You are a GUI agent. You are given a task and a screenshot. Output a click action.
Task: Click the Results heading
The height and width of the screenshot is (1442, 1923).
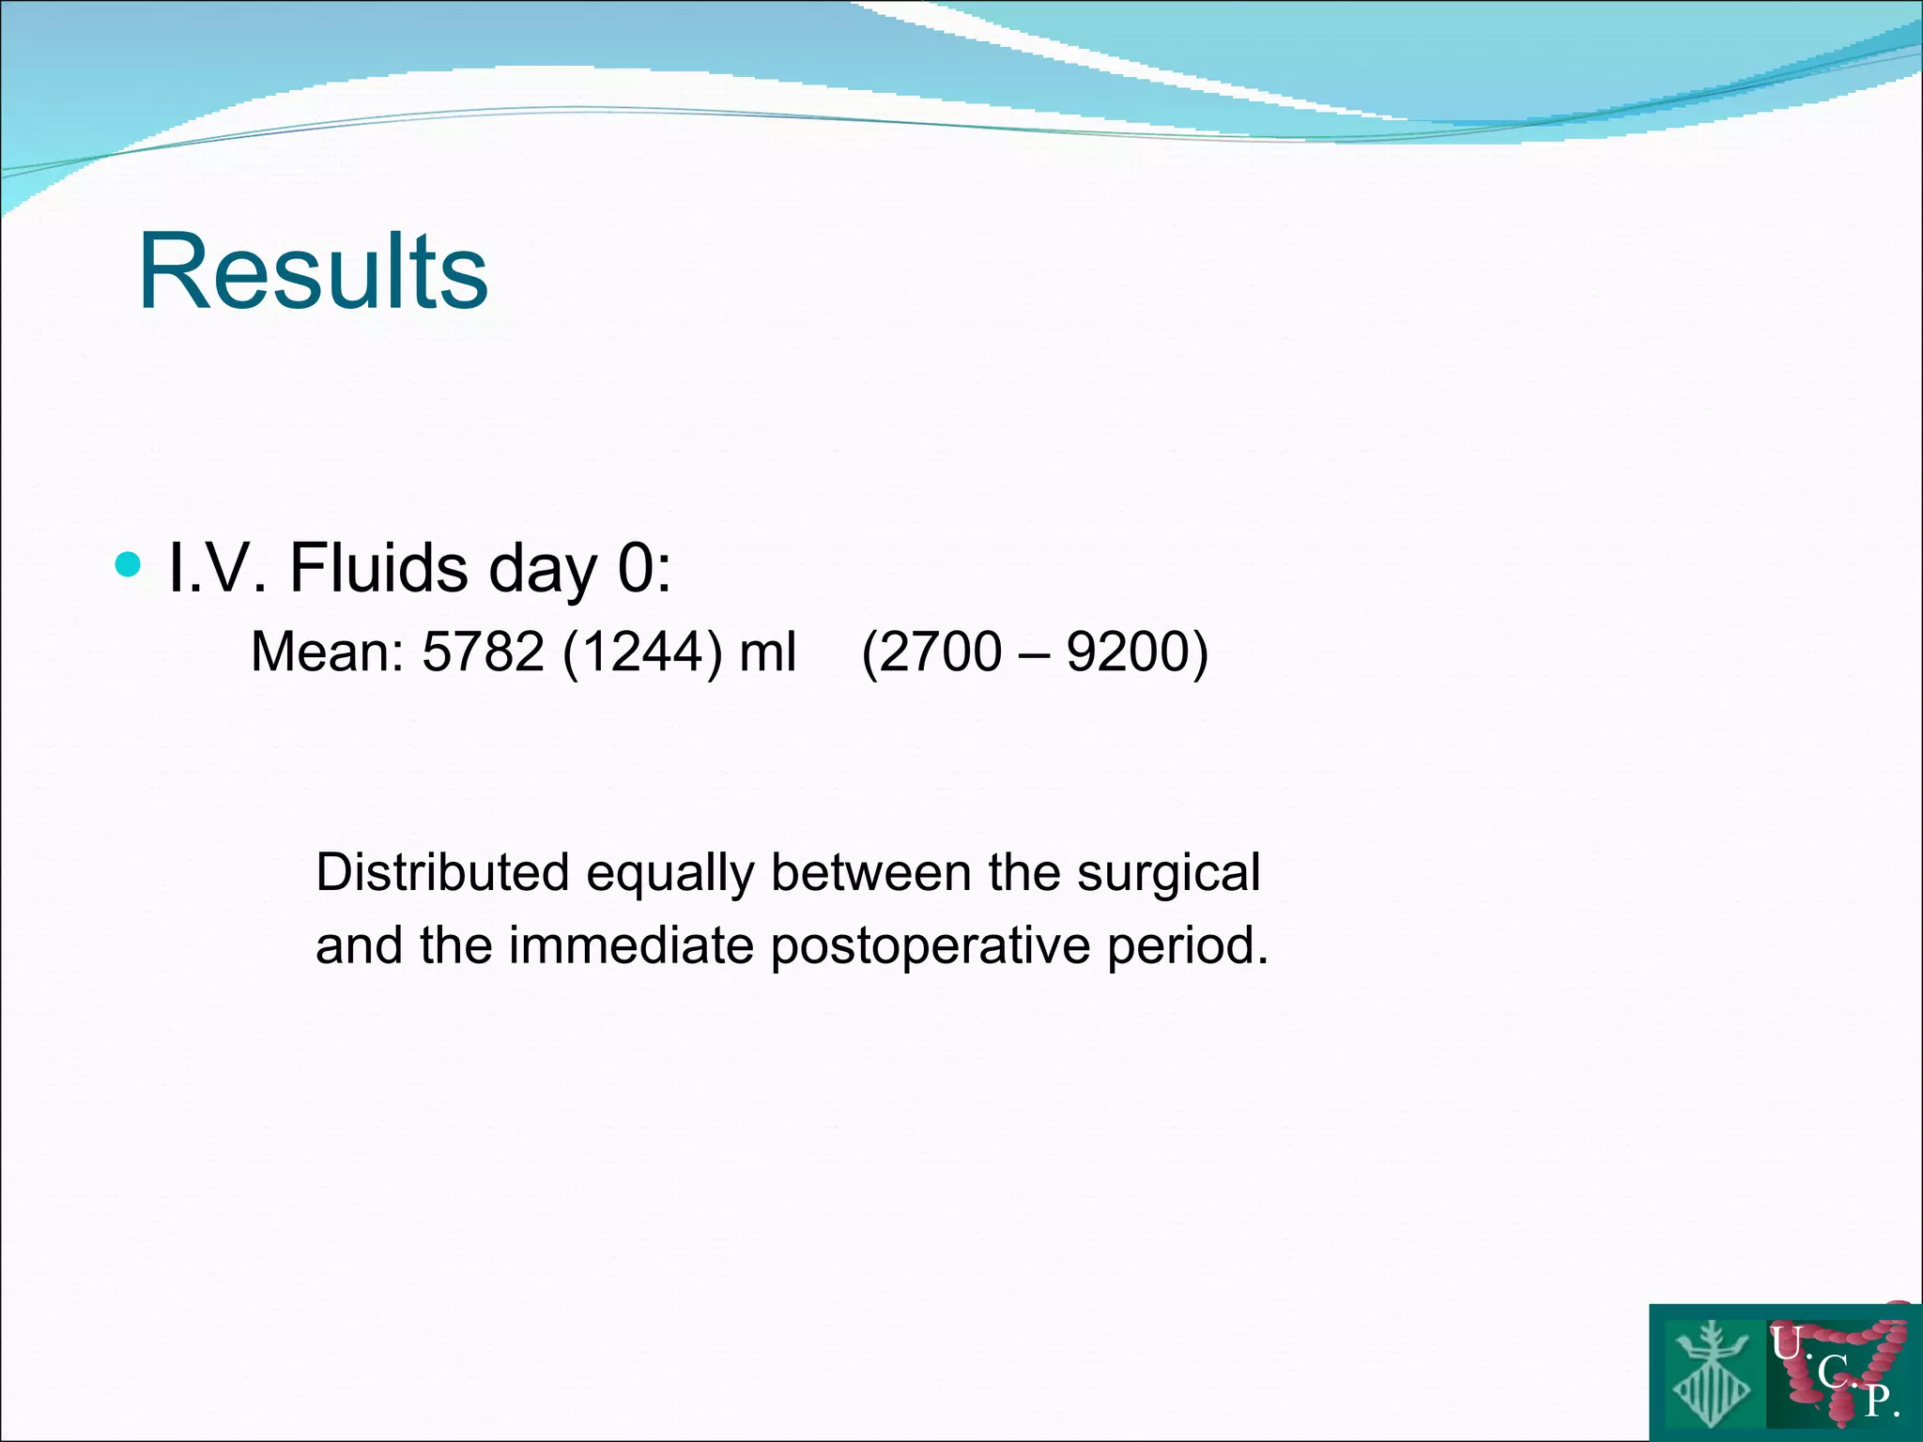(313, 272)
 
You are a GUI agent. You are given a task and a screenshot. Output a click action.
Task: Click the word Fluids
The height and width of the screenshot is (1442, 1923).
(377, 568)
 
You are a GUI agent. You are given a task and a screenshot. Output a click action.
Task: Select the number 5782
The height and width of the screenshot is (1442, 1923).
(483, 652)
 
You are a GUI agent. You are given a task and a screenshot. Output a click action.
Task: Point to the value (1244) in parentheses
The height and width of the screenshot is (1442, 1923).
(642, 652)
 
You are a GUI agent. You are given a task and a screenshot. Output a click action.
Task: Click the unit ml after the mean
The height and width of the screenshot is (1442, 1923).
(767, 652)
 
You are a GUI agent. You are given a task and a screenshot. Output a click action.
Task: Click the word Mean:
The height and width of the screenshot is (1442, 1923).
(327, 652)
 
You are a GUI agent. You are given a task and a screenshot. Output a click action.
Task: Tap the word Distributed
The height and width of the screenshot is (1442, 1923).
(442, 872)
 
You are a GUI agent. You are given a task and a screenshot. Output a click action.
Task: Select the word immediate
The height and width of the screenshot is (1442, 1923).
(631, 944)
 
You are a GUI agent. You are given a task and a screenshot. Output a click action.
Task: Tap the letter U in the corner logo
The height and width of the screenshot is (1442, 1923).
(1787, 1343)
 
